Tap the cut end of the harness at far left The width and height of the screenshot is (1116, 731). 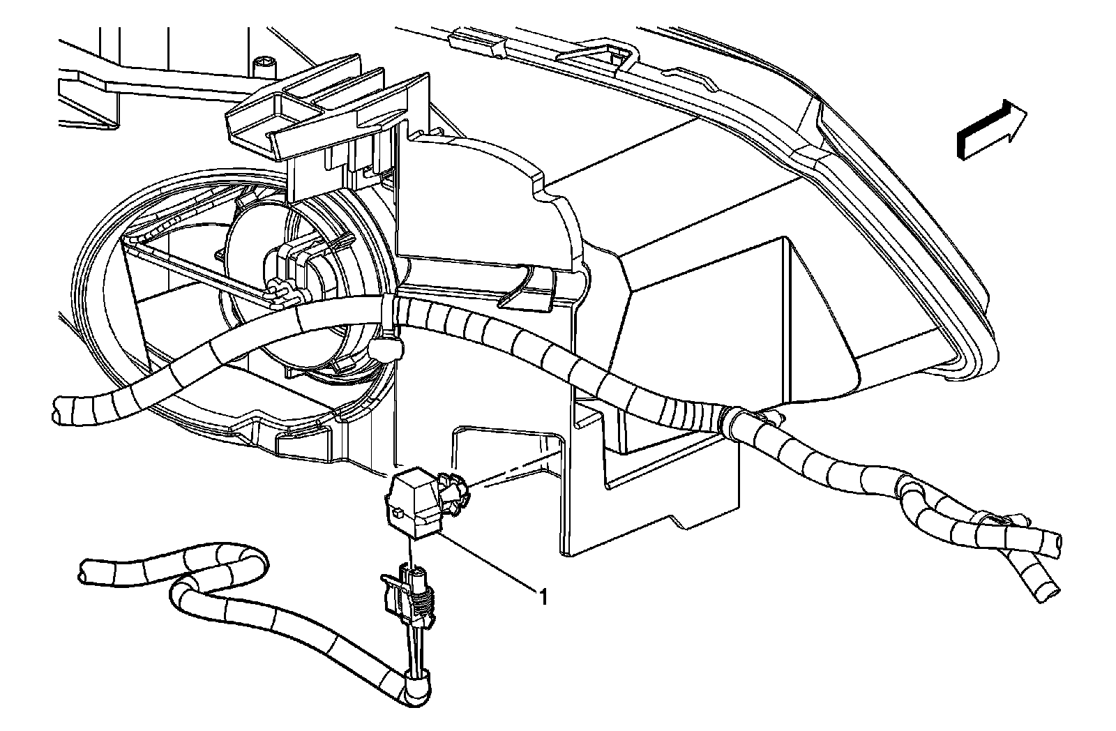(x=60, y=407)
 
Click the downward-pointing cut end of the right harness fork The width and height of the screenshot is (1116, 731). (x=1046, y=593)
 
